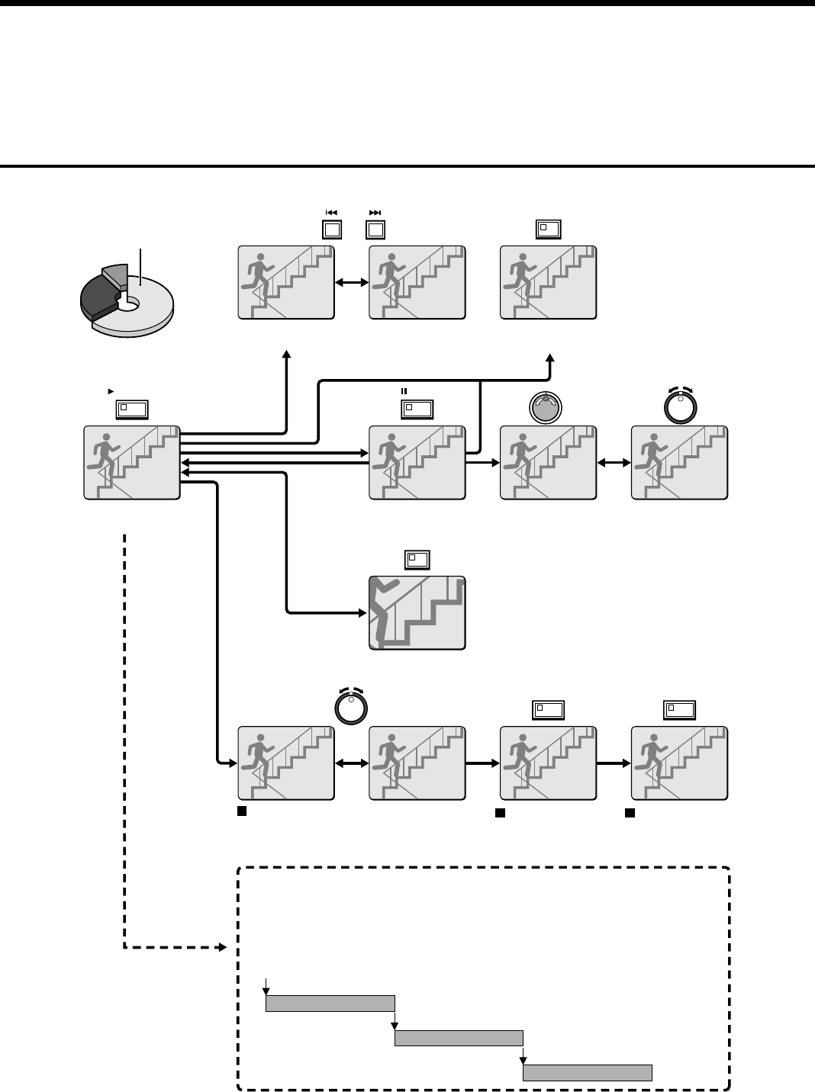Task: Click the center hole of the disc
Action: [130, 304]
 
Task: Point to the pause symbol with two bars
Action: [405, 390]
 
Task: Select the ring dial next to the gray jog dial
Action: [678, 407]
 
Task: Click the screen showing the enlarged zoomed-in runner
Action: [417, 613]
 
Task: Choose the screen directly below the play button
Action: [132, 463]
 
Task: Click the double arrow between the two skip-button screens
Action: [351, 283]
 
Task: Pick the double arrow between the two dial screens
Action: [614, 463]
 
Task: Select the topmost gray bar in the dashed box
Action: [330, 1003]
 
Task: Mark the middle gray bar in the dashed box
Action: [459, 1038]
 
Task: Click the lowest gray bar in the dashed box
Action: [587, 1073]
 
